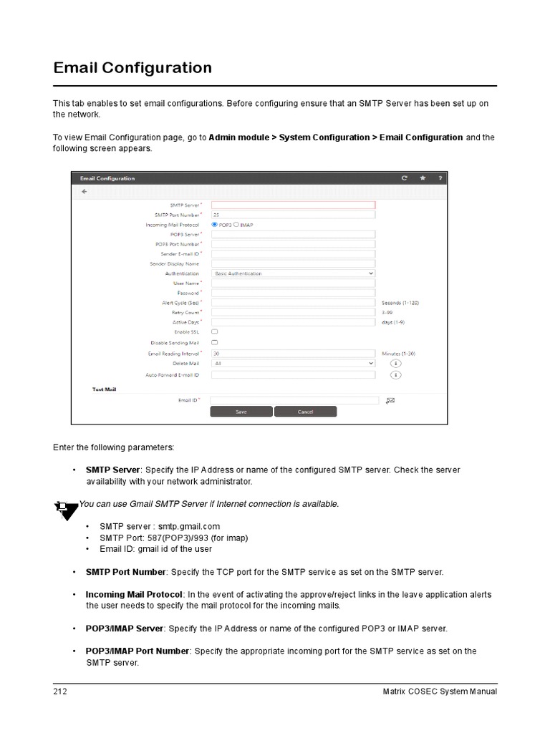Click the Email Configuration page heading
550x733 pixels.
(132, 68)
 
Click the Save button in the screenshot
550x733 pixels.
(241, 412)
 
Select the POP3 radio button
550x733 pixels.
(215, 224)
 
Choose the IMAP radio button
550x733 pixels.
(237, 224)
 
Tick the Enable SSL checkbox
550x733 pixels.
(215, 332)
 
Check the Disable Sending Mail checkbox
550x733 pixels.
(215, 343)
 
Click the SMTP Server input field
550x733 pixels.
(293, 205)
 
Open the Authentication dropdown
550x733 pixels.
(293, 273)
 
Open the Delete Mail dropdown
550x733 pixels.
(293, 364)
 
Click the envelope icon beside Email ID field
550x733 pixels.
(390, 401)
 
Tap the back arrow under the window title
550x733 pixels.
(85, 192)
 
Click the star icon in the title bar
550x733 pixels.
(423, 178)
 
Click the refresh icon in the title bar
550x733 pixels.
(405, 178)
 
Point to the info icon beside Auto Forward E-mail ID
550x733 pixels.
(395, 375)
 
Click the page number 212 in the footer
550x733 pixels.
(60, 691)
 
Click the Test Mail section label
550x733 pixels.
(104, 389)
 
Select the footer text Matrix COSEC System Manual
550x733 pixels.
(440, 691)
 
